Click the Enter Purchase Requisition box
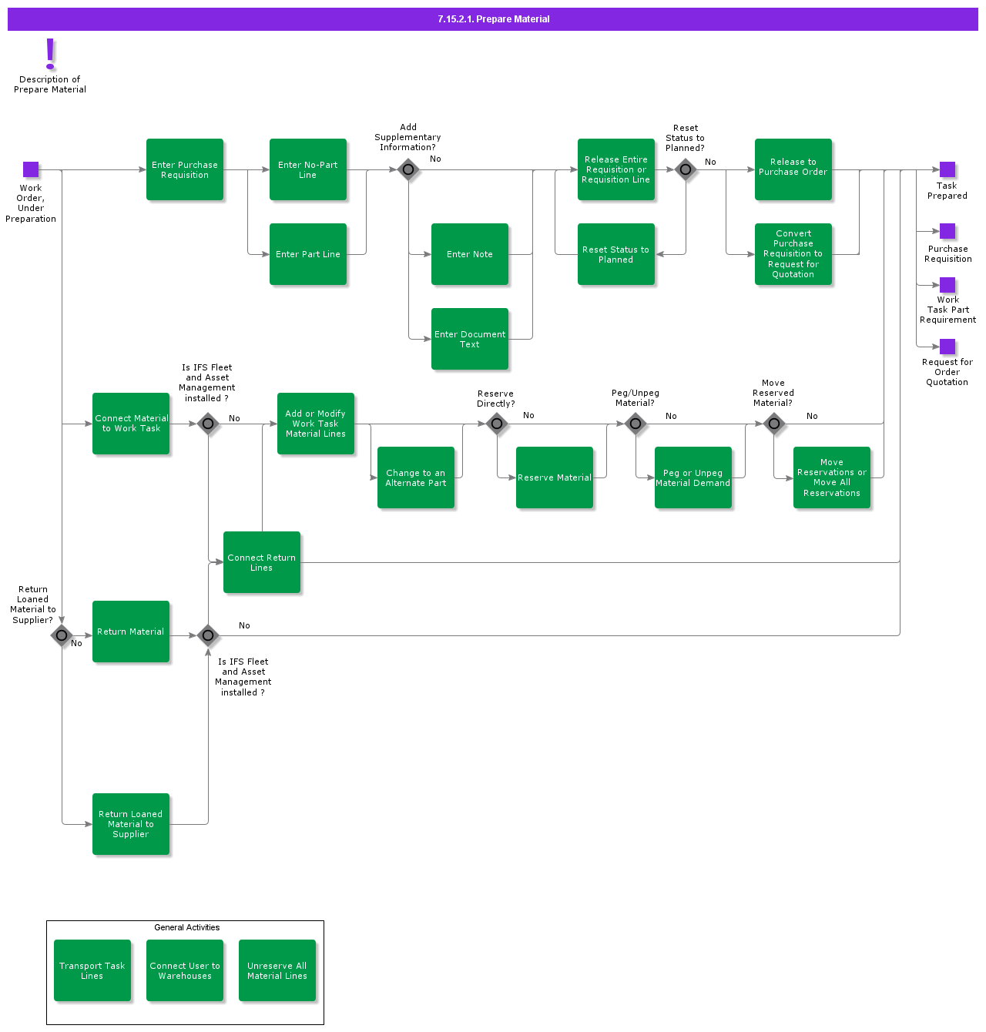185,169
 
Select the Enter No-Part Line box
308,169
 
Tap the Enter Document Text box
470,339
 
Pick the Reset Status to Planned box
616,254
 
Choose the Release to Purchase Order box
793,169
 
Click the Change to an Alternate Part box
416,477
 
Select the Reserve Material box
555,477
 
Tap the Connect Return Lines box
262,562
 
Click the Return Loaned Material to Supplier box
131,824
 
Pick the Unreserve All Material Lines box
277,970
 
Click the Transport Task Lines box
92,970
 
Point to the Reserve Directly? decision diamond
497,424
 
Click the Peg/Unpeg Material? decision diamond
636,424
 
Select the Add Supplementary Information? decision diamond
408,169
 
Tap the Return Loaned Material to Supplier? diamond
62,635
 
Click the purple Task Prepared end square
947,169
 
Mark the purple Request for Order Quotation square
947,347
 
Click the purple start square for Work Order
31,169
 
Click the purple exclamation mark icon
51,54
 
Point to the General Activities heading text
186,927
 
